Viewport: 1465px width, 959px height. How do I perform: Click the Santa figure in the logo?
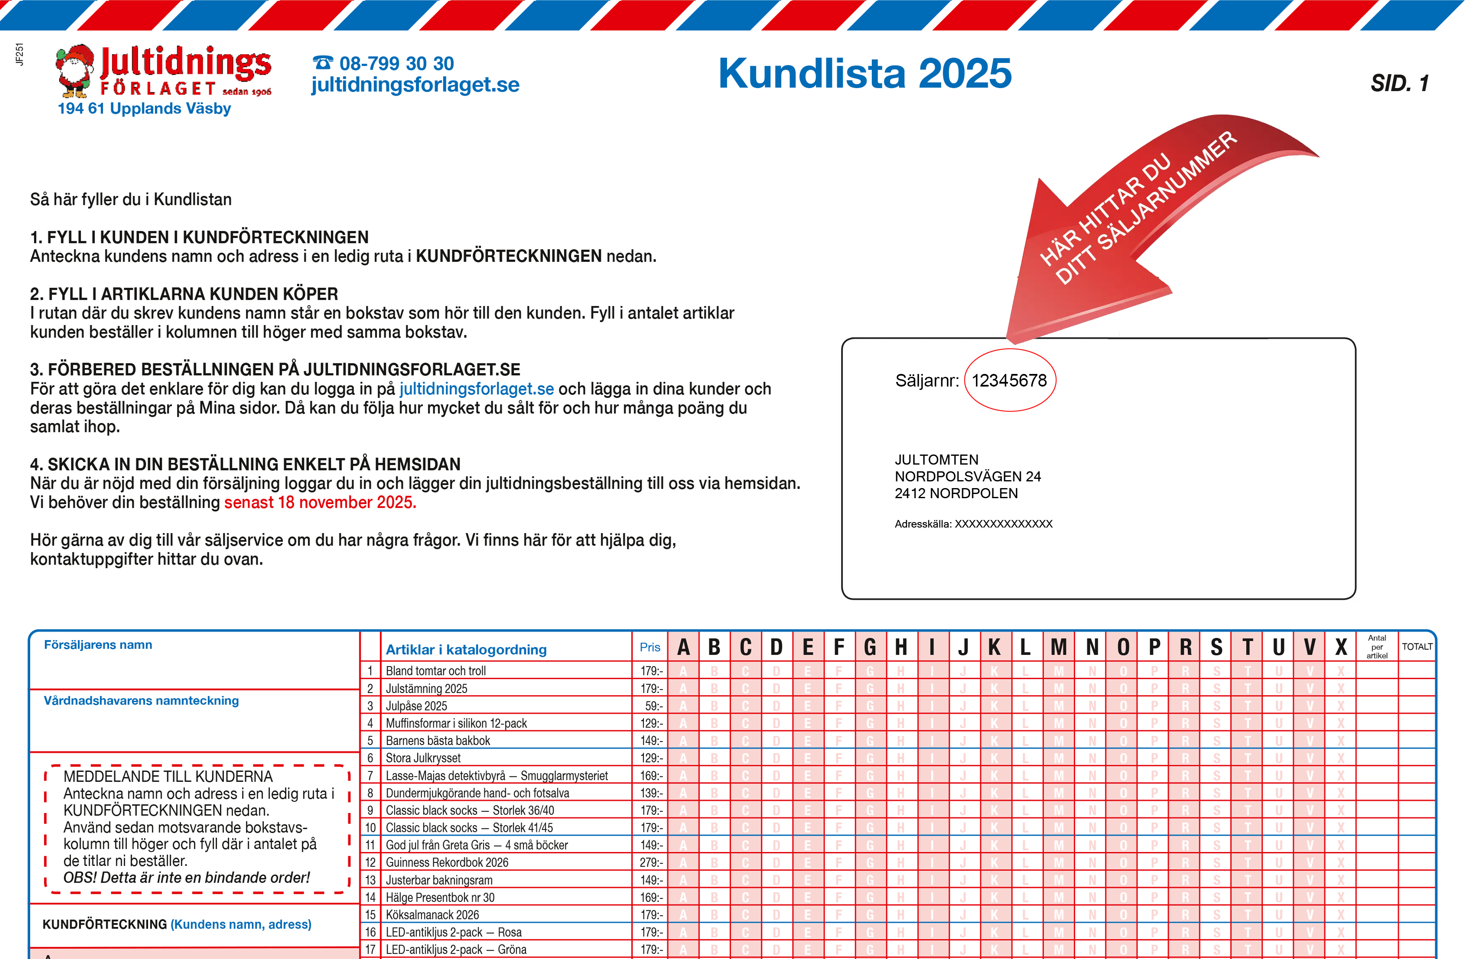(75, 71)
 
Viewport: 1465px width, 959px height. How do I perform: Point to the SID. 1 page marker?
(1399, 83)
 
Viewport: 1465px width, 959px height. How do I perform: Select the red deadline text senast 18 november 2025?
(320, 502)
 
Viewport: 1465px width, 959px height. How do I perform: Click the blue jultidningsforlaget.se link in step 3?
(476, 389)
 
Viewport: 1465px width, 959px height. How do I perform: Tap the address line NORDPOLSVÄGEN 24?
(967, 476)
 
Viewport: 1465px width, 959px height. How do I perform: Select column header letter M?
(1058, 647)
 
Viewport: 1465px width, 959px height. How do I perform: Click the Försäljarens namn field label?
(98, 645)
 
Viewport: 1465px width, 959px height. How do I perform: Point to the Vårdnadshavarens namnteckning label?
(141, 700)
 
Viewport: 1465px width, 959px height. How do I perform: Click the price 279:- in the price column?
(651, 862)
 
